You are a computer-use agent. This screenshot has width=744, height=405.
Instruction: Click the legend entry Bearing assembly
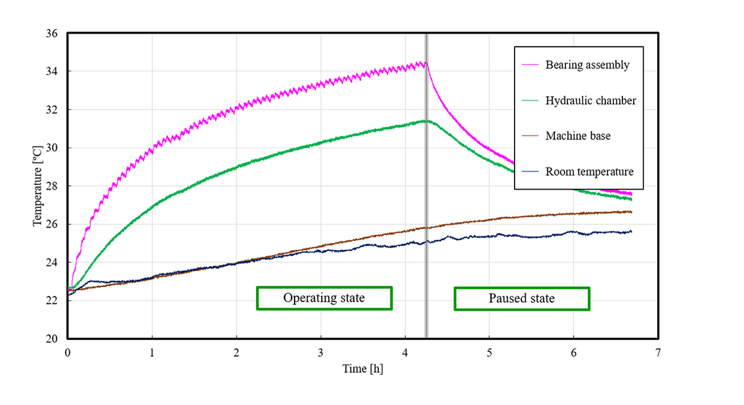(587, 65)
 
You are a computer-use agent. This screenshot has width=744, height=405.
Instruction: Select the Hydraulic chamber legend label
(590, 100)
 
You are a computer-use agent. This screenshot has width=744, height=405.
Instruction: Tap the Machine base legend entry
(577, 136)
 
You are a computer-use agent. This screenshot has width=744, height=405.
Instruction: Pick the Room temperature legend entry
(589, 172)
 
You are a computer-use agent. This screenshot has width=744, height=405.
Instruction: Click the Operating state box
(324, 298)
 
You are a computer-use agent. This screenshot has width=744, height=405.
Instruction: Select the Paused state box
(521, 299)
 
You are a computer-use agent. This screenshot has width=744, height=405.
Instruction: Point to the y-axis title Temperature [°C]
(38, 186)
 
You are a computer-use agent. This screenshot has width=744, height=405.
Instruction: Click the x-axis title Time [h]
(363, 369)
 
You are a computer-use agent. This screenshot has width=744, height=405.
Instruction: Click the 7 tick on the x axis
(658, 352)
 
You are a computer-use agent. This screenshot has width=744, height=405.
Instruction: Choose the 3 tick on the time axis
(321, 352)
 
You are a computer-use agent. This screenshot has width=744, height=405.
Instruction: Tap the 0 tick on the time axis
(68, 352)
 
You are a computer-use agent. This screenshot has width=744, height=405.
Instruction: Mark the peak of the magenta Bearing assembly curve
(423, 62)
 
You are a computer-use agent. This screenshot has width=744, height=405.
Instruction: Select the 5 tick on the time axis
(489, 352)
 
